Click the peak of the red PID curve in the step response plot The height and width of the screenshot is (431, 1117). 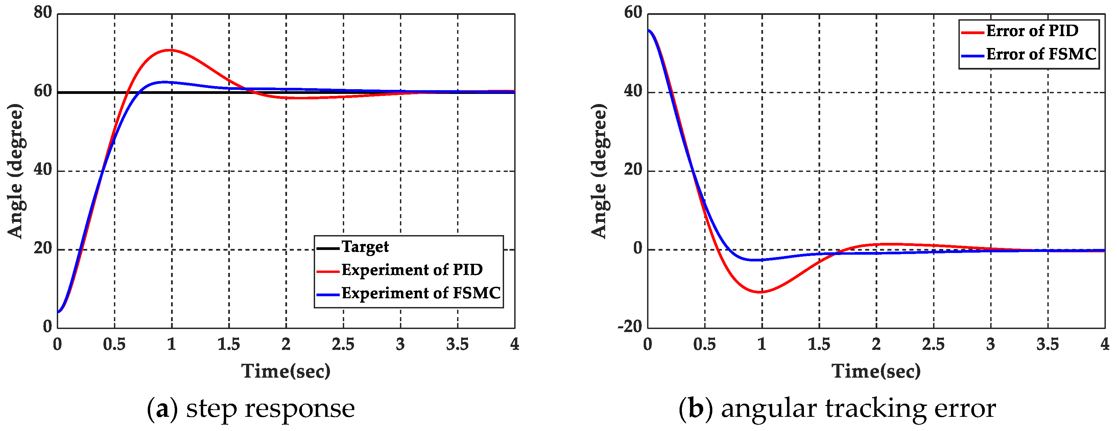tap(169, 50)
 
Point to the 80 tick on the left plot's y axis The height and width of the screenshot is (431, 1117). tap(43, 13)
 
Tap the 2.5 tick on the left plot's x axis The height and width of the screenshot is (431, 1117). tap(343, 345)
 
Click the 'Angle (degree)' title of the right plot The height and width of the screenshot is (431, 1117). tap(599, 171)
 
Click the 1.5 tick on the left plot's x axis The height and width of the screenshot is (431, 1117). tap(229, 345)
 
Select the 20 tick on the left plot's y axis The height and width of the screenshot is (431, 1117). tap(43, 249)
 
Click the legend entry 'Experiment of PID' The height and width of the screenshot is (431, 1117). tap(411, 270)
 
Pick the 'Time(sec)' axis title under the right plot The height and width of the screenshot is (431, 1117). tap(876, 371)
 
